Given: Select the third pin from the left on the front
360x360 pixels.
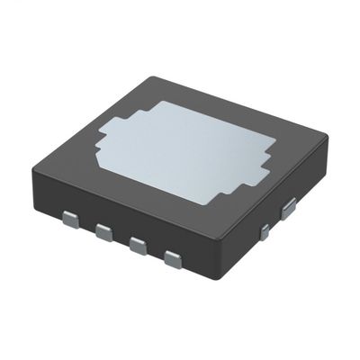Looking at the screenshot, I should tap(138, 246).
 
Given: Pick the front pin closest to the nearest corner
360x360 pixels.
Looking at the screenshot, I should tap(172, 261).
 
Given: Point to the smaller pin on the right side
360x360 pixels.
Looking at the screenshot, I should tap(265, 232).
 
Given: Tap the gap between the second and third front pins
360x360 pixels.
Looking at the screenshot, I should tap(121, 240).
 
